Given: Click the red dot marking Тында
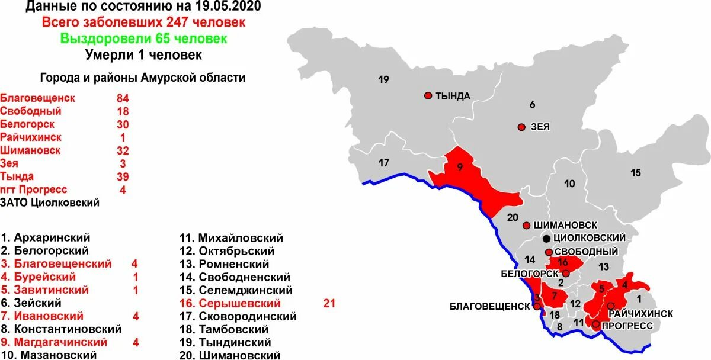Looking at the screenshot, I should pos(428,95).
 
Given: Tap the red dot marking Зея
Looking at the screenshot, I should pos(521,127).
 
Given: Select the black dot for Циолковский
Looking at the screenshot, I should pos(546,239).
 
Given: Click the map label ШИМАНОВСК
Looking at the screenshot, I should pos(565,226).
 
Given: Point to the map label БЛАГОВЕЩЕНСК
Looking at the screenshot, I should pos(489,306).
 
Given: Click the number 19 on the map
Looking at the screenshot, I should pos(383,79).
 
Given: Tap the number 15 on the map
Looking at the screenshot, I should pos(635,173).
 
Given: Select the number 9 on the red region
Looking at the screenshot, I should pos(459,168).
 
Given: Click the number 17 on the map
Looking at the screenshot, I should pos(383,163).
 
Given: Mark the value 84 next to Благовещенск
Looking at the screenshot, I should pos(123,98).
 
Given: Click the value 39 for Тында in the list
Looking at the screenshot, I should pos(123,176).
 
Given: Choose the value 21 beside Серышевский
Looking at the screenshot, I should pos(329,303).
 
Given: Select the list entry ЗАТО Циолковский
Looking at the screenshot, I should pos(50,202).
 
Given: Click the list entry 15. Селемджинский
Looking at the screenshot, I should pos(236,290).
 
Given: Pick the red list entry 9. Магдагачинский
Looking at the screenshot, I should pos(54,342).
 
